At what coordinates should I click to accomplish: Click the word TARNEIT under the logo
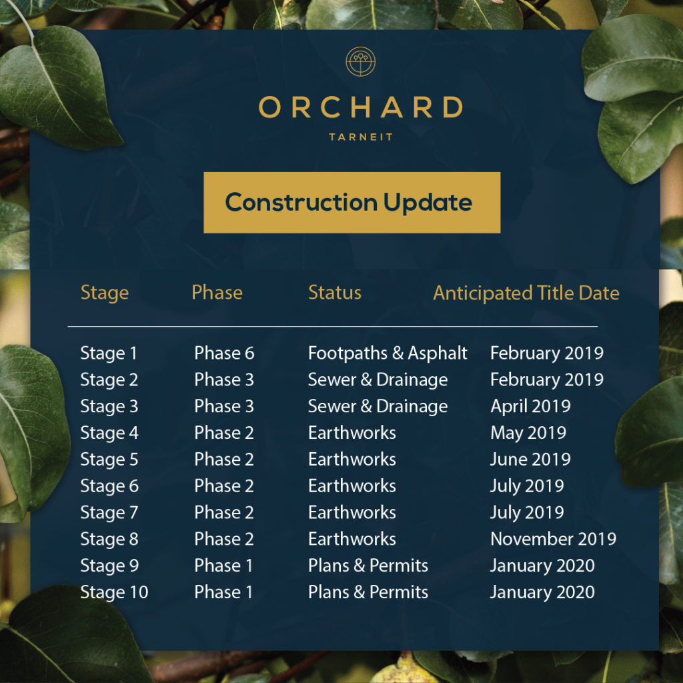click(361, 137)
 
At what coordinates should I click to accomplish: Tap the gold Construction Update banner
click(352, 202)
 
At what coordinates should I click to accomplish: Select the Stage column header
click(105, 292)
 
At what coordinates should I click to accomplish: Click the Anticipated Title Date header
click(526, 293)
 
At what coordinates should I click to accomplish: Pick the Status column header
click(335, 292)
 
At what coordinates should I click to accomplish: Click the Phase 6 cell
click(224, 353)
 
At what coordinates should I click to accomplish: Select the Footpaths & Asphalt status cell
click(388, 353)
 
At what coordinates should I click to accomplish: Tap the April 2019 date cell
click(530, 406)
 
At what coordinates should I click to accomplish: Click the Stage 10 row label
click(114, 592)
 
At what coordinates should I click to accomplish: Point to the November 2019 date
click(553, 539)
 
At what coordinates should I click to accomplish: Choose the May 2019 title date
click(528, 433)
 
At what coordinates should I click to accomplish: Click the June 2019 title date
click(530, 460)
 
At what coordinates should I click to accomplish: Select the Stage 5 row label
click(109, 460)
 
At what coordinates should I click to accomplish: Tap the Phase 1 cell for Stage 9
click(223, 566)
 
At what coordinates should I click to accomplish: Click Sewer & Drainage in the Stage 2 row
click(378, 380)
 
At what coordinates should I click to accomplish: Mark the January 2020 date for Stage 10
click(542, 592)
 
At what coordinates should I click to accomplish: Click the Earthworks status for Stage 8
click(352, 539)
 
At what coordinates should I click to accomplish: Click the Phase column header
click(217, 292)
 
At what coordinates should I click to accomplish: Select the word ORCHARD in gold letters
click(361, 107)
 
